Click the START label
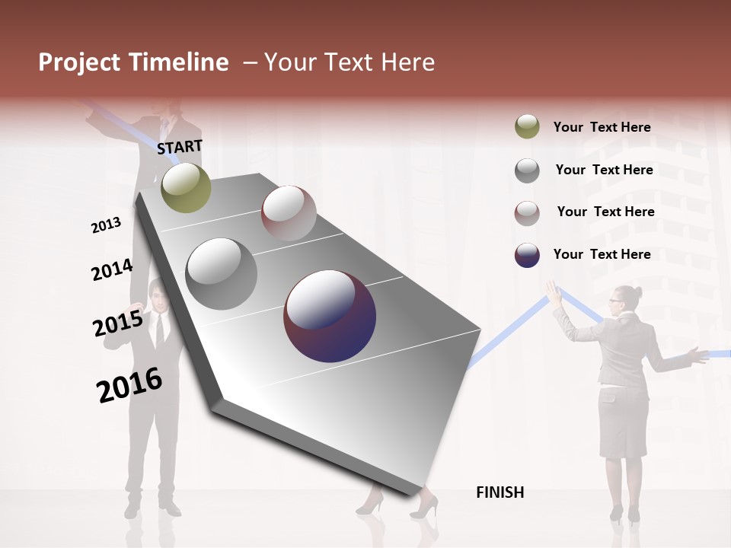click(180, 147)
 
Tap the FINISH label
click(500, 492)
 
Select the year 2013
click(106, 225)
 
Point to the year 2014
click(112, 269)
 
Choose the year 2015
click(118, 323)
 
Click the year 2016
click(129, 384)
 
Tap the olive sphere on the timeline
click(186, 187)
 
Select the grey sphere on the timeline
click(222, 274)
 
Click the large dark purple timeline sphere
click(330, 316)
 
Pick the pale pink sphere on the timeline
click(289, 212)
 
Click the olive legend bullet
click(527, 127)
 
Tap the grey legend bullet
click(527, 170)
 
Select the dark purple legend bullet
click(527, 255)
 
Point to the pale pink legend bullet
click(527, 212)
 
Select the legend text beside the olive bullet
click(602, 127)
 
